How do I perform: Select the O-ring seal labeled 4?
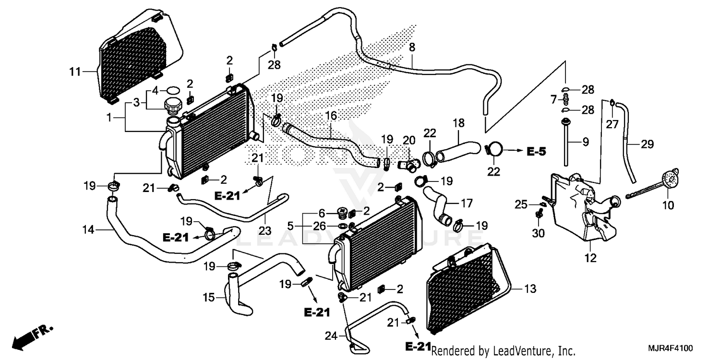click(173, 90)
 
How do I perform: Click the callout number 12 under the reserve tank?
click(590, 259)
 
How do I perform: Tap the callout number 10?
click(668, 205)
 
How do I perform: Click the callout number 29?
click(647, 143)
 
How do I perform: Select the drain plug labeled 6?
click(342, 212)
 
